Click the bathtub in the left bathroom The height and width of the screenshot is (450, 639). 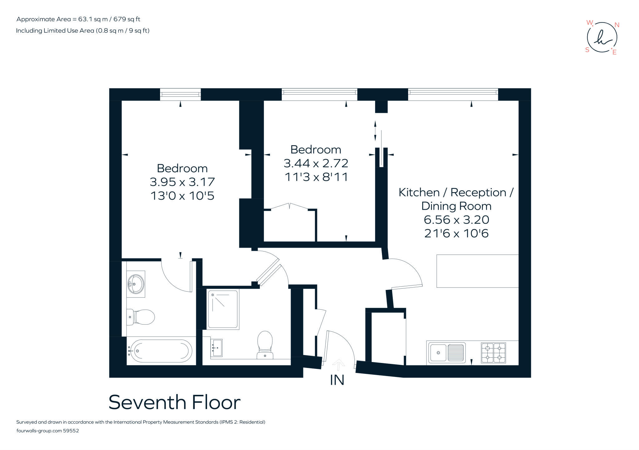pyautogui.click(x=161, y=351)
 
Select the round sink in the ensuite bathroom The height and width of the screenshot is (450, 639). pyautogui.click(x=136, y=284)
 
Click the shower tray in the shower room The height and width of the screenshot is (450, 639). pyautogui.click(x=223, y=309)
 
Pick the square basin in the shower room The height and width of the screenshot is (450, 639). pyautogui.click(x=217, y=348)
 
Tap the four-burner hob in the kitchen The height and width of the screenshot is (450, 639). pyautogui.click(x=493, y=353)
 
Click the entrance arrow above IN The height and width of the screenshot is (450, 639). pyautogui.click(x=338, y=364)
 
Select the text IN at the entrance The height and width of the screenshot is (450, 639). pyautogui.click(x=337, y=380)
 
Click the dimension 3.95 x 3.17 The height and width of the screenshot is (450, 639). pyautogui.click(x=182, y=182)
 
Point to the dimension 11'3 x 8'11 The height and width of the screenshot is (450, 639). pyautogui.click(x=316, y=177)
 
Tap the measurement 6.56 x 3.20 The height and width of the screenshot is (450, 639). pyautogui.click(x=456, y=220)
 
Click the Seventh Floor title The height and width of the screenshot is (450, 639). pyautogui.click(x=174, y=403)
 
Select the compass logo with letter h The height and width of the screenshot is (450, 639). pyautogui.click(x=602, y=38)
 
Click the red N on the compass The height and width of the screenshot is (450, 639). pyautogui.click(x=617, y=25)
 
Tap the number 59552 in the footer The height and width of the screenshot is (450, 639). pyautogui.click(x=71, y=431)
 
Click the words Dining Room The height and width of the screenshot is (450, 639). pyautogui.click(x=456, y=206)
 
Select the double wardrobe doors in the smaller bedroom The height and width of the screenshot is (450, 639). pyautogui.click(x=290, y=206)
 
